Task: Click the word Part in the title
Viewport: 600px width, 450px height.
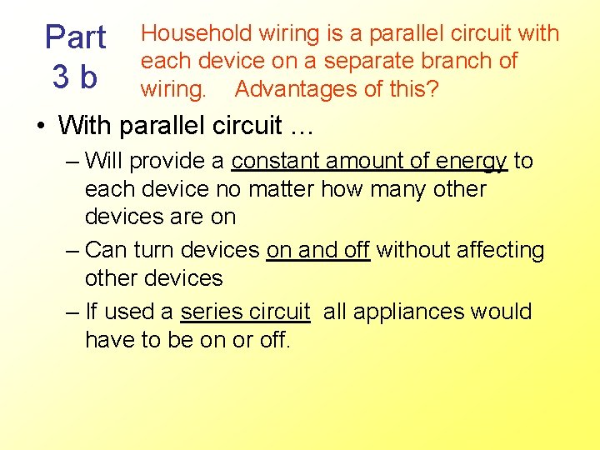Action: click(x=75, y=37)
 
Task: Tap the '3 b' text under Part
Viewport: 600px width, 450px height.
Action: click(x=75, y=77)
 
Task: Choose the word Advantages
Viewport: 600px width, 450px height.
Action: click(x=297, y=87)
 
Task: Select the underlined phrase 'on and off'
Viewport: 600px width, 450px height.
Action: click(x=317, y=250)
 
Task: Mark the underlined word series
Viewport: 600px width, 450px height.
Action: click(x=211, y=312)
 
